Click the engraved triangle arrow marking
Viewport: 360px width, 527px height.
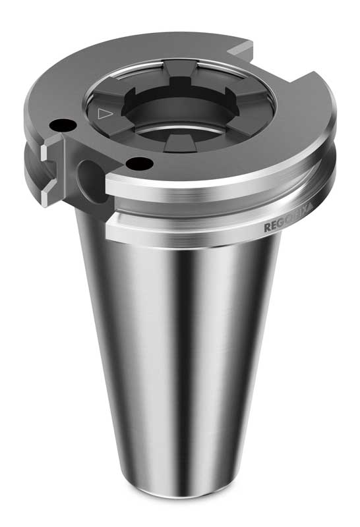pos(102,113)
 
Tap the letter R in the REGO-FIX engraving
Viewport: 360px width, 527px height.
pos(267,228)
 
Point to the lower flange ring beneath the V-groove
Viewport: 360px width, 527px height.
pos(198,224)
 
